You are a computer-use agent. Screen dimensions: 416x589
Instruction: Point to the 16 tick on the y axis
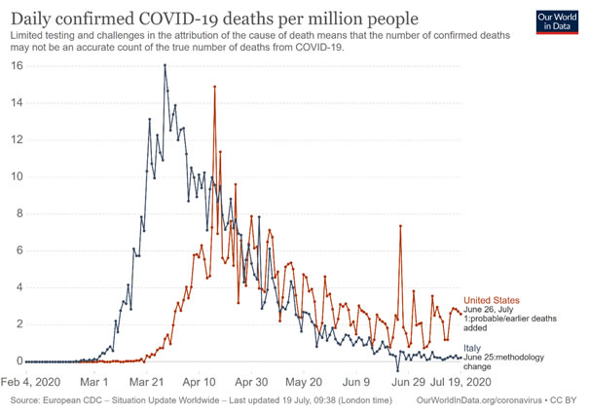point(16,66)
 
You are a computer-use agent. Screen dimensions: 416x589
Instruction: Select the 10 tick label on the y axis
point(16,177)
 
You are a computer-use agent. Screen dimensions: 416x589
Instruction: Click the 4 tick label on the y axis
point(18,288)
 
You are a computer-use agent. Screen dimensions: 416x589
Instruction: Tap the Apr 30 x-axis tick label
point(252,382)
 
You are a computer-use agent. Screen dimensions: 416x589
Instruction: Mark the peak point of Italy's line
point(166,65)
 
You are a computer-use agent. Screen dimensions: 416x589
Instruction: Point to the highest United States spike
point(214,87)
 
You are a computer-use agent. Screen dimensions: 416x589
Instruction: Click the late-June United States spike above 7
point(400,226)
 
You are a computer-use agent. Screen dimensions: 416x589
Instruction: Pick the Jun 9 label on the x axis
point(357,382)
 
